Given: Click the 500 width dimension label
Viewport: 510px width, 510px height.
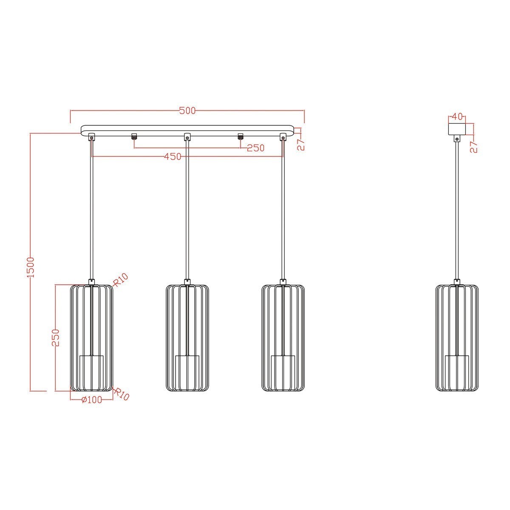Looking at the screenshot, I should point(187,111).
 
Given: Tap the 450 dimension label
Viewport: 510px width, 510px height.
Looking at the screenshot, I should point(173,157).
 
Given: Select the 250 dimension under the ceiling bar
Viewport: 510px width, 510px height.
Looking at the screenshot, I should point(255,148).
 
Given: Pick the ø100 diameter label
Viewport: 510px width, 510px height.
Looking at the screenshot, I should point(91,400).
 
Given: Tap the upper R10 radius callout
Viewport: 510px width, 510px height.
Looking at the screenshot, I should point(121,280).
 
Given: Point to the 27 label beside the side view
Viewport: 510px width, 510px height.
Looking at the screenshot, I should point(474,147).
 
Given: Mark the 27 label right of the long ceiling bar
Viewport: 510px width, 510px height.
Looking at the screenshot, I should point(301,144).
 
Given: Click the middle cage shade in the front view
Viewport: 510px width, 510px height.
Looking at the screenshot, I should point(187,338).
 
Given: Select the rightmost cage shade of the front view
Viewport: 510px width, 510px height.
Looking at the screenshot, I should point(283,338).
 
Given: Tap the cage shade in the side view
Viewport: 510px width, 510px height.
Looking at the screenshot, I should point(457,338).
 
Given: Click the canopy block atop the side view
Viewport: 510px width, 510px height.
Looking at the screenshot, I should point(457,128).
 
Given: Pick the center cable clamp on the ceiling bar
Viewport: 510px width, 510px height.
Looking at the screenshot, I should point(187,137).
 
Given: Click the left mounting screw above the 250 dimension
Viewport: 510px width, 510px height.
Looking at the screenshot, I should point(134,136).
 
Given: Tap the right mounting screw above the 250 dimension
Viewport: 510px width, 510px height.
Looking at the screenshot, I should point(240,136).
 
